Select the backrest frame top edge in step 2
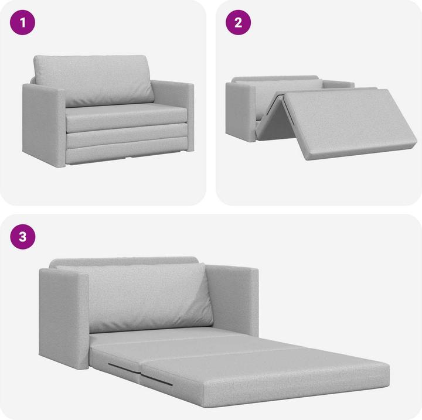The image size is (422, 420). click(x=275, y=78)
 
